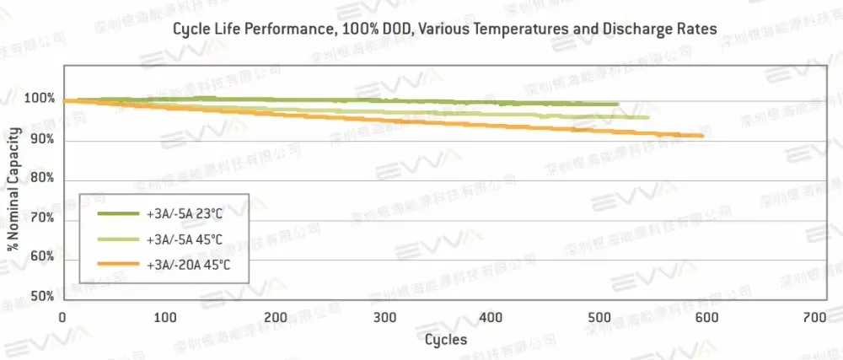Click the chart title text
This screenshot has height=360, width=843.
pos(444,29)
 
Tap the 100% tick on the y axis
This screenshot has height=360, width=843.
pos(40,99)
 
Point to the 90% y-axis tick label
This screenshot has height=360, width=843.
pos(43,139)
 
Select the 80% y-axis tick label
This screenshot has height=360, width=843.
pos(43,179)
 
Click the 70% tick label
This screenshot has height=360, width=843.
pos(43,218)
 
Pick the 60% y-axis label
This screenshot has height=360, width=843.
pos(43,257)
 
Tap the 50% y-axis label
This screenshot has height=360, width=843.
pos(43,297)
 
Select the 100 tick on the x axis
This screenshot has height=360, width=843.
pos(167,318)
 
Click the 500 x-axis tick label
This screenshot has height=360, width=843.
pos(598,318)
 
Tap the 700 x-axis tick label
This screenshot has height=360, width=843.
pos(813,318)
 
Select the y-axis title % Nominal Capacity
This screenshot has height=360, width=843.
pos(13,191)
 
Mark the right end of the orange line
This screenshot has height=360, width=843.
pos(702,136)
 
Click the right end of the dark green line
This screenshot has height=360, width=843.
pos(618,105)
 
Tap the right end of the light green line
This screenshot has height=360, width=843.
pos(648,117)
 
